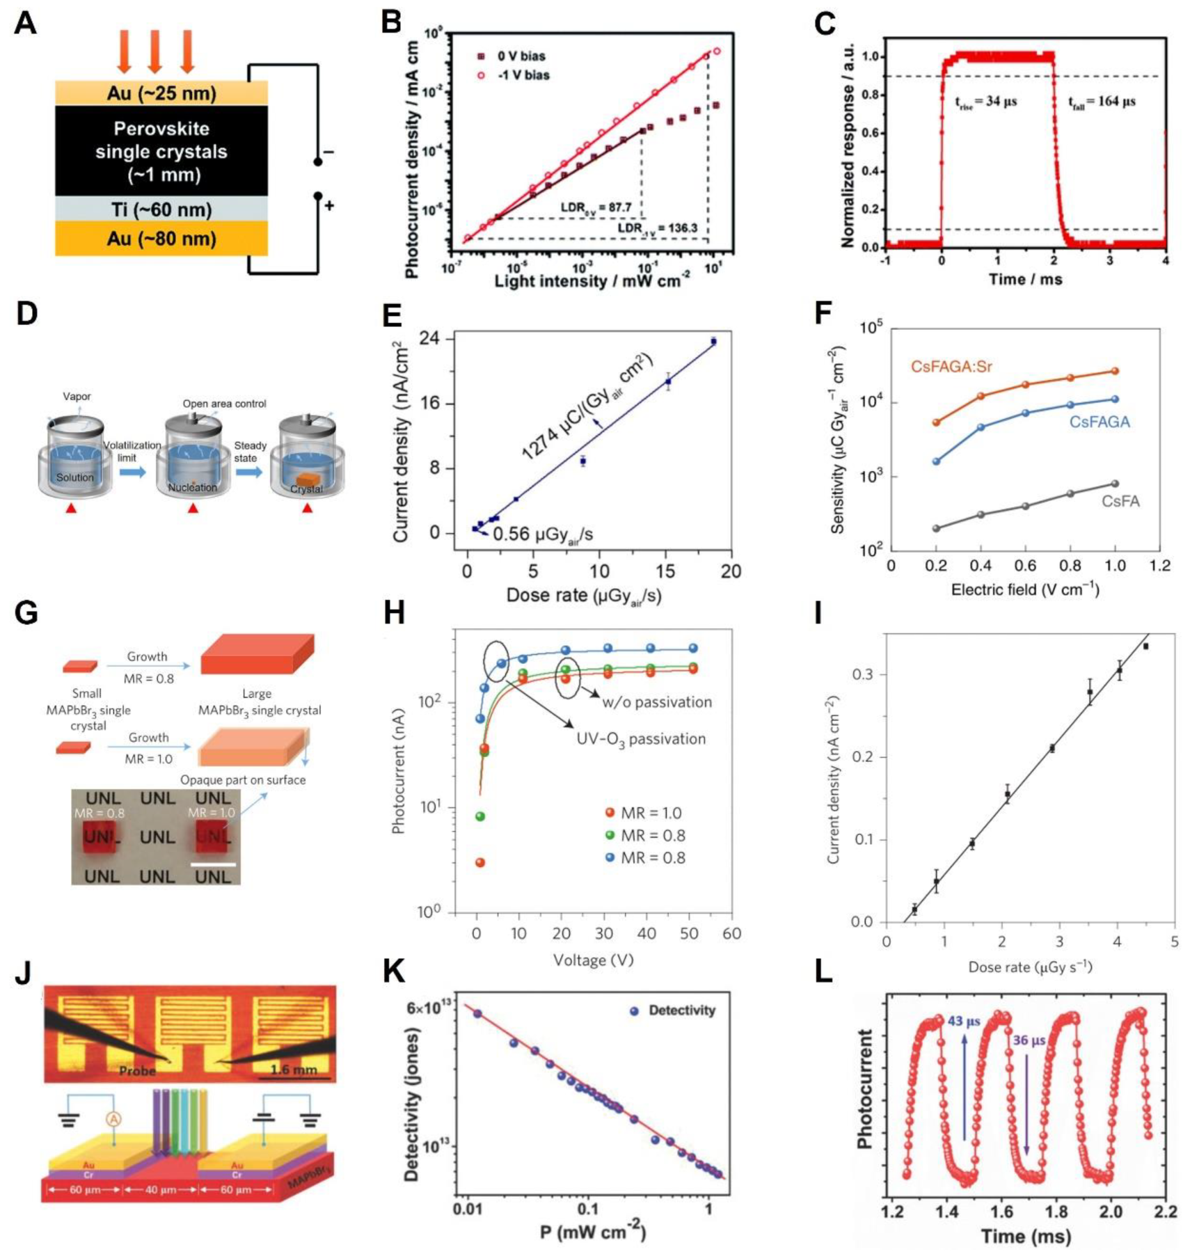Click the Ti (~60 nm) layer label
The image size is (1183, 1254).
coord(161,209)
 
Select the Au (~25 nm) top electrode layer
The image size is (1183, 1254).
coord(161,93)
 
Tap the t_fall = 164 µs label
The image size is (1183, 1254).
coord(1102,102)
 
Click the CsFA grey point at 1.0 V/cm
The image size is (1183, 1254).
coord(1115,484)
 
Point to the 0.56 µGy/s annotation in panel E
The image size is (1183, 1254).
coord(543,534)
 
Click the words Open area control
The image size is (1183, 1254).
coord(224,404)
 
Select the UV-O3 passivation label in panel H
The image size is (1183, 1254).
coord(640,739)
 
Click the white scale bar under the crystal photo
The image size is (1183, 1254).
coord(213,864)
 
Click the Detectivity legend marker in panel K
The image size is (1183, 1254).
coord(634,1010)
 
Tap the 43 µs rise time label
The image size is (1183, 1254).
coord(964,1022)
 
